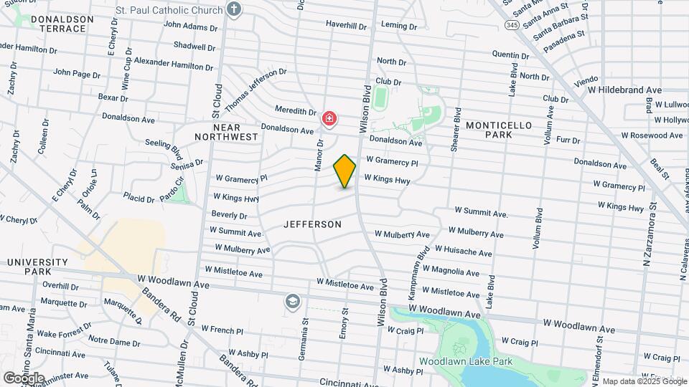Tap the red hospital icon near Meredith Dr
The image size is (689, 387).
tap(329, 118)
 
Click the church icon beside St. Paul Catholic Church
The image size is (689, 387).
tap(233, 9)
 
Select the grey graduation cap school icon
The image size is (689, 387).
tap(291, 300)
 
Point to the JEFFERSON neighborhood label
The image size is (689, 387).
tap(312, 224)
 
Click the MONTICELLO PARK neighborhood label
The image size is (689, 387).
tap(499, 130)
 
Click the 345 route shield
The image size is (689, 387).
tap(511, 25)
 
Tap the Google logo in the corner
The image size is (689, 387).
tap(24, 378)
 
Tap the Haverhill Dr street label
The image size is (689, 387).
tap(346, 25)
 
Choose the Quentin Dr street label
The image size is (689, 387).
tap(510, 54)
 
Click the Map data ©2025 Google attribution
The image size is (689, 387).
tap(644, 381)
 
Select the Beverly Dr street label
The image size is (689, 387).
tap(230, 215)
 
